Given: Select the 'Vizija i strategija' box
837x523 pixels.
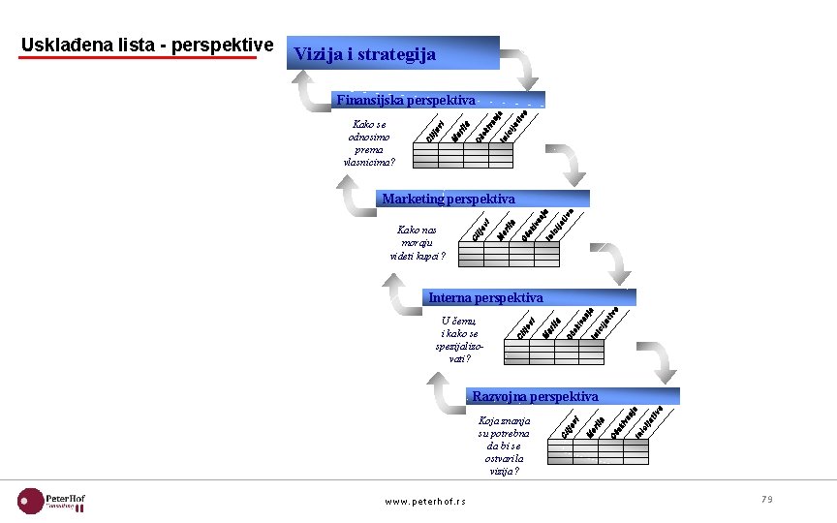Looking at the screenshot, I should (x=392, y=54).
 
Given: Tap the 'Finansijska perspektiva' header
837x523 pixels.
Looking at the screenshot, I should (x=405, y=100).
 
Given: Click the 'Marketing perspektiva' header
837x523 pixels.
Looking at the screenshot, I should (x=448, y=199).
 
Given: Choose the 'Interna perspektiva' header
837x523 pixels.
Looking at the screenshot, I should (x=485, y=297).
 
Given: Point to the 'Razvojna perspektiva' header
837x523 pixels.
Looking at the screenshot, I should (x=535, y=396).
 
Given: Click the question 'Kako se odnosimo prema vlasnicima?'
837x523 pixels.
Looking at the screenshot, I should (x=369, y=142).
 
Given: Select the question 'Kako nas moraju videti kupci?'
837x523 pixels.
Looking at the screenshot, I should (x=417, y=242).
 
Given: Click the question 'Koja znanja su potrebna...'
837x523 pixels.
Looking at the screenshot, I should (x=504, y=446).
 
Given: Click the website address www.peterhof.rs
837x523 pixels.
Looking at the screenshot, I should (x=425, y=501).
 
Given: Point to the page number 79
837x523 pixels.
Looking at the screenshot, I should (x=766, y=499).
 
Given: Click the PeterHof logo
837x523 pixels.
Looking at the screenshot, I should (x=52, y=500).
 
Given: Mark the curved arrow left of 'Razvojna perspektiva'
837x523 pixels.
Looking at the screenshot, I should (x=447, y=395).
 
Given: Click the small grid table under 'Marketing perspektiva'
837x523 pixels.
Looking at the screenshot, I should (x=509, y=253).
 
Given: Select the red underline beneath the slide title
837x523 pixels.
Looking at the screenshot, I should (x=139, y=57).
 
